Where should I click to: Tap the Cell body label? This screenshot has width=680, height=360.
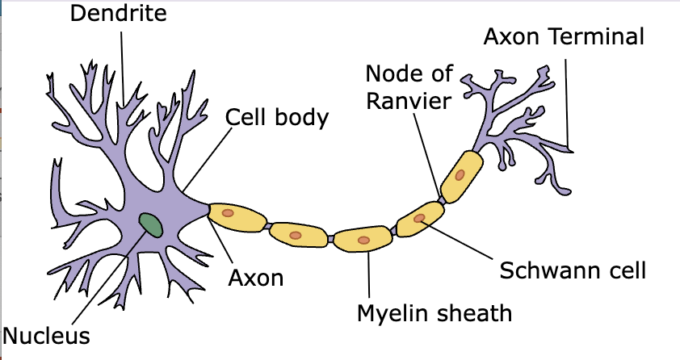pyautogui.click(x=277, y=117)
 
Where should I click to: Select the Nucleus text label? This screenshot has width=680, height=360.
pyautogui.click(x=46, y=334)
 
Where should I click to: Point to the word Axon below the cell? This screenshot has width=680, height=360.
pyautogui.click(x=256, y=278)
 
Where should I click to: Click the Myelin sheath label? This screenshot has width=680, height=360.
pyautogui.click(x=434, y=312)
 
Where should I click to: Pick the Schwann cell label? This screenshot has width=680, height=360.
pyautogui.click(x=573, y=270)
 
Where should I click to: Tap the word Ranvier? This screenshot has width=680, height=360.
pyautogui.click(x=407, y=102)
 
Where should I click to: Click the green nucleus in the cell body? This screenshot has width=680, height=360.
pyautogui.click(x=151, y=224)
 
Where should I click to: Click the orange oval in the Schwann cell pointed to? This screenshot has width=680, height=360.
pyautogui.click(x=418, y=218)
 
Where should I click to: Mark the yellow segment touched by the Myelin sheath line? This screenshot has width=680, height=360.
pyautogui.click(x=363, y=240)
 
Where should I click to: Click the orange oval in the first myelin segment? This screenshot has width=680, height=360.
pyautogui.click(x=229, y=213)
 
